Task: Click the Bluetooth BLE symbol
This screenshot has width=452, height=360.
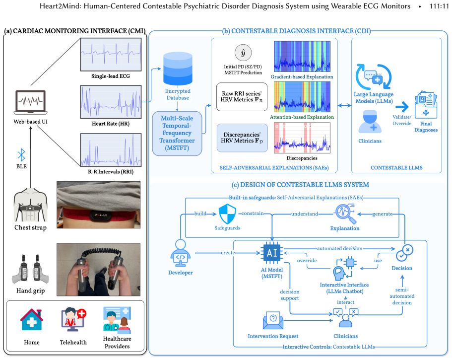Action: tap(21, 155)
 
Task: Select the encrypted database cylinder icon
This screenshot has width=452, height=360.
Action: tap(178, 69)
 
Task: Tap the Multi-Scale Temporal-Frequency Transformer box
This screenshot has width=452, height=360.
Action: tap(177, 133)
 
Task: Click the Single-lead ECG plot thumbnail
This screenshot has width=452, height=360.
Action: tap(111, 55)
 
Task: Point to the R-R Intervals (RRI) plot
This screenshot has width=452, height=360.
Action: tap(111, 150)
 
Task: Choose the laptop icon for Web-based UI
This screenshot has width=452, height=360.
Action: tap(31, 102)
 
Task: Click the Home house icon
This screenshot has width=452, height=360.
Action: tap(32, 320)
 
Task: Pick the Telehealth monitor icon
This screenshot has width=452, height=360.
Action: tap(73, 319)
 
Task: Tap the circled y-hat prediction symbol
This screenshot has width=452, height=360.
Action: tap(243, 53)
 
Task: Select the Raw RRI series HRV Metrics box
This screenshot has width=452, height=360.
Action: tap(242, 97)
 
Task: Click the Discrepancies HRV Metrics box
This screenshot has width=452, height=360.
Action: tap(242, 138)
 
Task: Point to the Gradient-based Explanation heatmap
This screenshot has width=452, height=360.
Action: tap(302, 56)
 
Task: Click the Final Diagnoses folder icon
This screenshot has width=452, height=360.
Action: tap(426, 105)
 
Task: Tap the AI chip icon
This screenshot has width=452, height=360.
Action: tap(272, 253)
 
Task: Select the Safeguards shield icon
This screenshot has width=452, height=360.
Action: tap(227, 214)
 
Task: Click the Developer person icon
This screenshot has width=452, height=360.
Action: tap(181, 254)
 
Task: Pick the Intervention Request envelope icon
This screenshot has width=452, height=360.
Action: tap(273, 320)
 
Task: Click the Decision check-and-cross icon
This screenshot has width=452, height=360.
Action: tap(404, 253)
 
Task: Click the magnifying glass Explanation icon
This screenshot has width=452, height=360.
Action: tap(345, 214)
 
